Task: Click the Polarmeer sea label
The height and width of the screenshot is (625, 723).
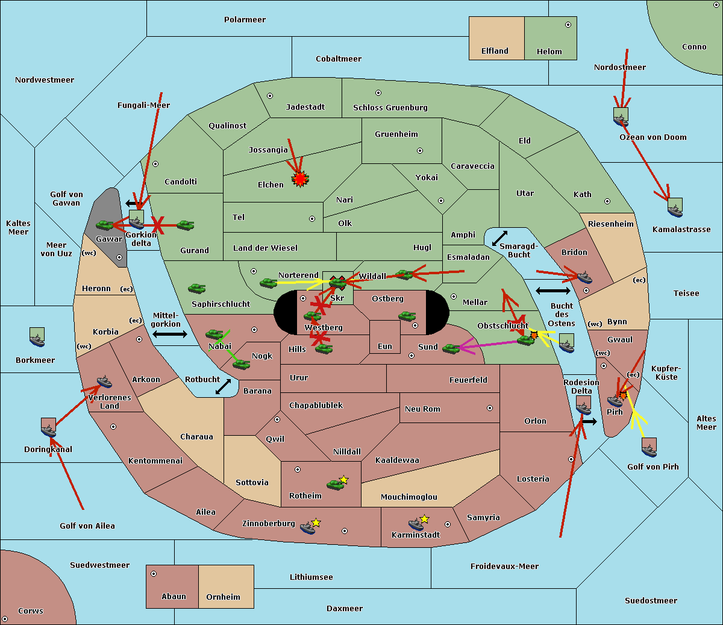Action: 245,20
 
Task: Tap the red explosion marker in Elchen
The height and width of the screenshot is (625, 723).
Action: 300,179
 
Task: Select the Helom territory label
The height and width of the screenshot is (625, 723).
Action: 549,52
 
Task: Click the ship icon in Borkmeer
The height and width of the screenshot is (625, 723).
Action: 37,338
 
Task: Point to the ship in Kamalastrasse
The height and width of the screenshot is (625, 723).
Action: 675,208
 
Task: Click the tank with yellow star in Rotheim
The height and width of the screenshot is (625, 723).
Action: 336,483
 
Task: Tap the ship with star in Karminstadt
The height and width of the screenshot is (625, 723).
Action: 417,523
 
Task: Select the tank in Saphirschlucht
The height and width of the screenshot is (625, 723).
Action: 196,289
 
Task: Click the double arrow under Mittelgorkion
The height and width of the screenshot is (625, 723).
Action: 170,334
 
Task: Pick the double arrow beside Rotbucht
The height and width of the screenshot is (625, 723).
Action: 223,386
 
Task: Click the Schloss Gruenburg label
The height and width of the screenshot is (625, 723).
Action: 390,108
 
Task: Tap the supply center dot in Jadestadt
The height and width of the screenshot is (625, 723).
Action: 270,96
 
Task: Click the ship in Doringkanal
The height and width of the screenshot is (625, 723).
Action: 48,428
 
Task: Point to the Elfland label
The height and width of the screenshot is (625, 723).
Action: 495,51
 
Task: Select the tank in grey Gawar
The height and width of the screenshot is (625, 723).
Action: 105,225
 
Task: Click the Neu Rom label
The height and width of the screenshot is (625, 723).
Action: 422,409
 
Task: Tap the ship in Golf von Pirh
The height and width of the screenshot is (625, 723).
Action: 649,448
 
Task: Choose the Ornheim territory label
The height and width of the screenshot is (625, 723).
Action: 223,597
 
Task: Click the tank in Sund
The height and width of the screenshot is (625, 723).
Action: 451,348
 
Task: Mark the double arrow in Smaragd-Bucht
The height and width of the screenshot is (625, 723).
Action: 499,238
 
